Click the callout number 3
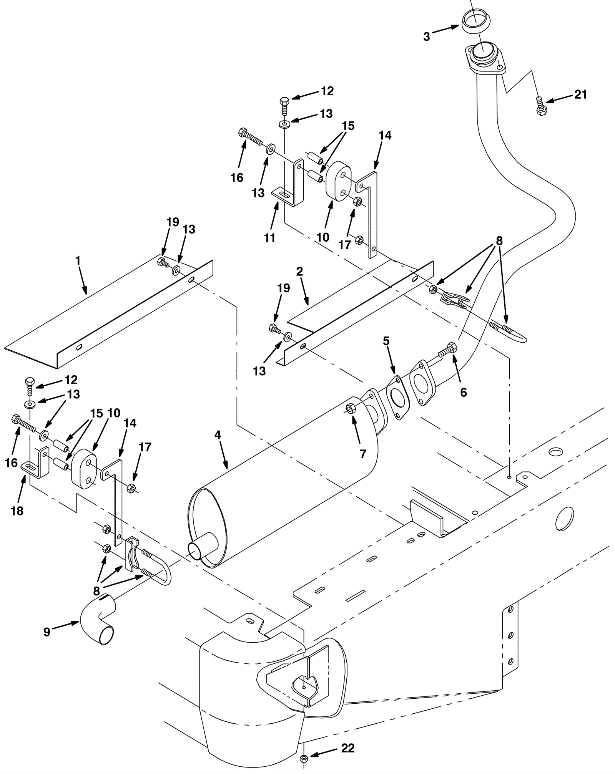[x=426, y=37]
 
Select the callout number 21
[x=580, y=94]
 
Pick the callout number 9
[x=47, y=632]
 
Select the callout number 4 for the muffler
[x=218, y=435]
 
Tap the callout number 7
[x=363, y=454]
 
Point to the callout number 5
[x=386, y=341]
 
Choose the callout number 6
[x=464, y=392]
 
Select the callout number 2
[x=299, y=272]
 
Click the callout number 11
[x=270, y=238]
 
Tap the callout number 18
[x=17, y=511]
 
